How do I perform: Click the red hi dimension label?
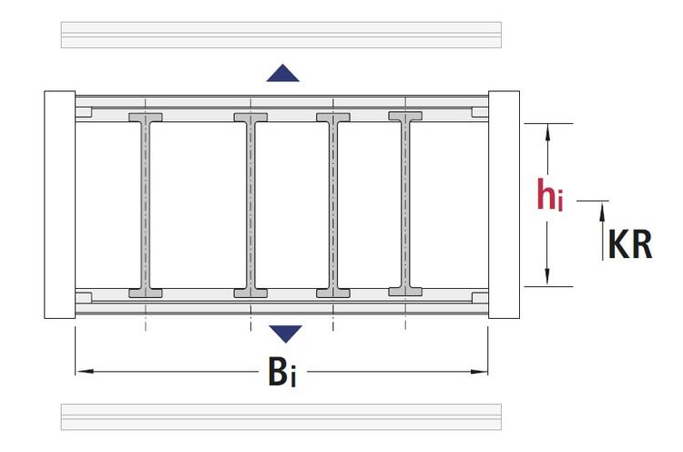point(550,194)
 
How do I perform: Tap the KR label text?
point(630,244)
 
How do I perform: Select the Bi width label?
point(282,372)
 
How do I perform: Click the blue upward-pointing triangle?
point(282,73)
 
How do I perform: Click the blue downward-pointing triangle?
point(285,334)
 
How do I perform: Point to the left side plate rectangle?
point(60,204)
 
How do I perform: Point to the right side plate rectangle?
point(504,204)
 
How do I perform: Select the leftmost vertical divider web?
point(146,205)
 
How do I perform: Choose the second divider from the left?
point(250,205)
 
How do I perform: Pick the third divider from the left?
point(333,205)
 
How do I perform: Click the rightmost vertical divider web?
point(405,203)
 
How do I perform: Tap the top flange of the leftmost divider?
point(146,118)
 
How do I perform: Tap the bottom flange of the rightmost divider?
point(405,292)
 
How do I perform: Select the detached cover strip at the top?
point(281,35)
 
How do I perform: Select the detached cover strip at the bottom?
point(281,416)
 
